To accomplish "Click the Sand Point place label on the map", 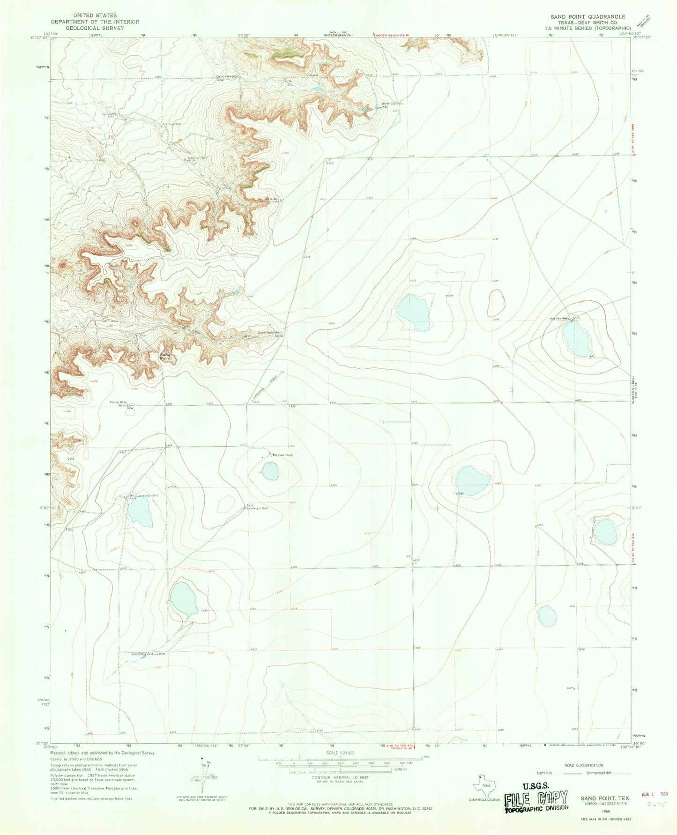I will [x=165, y=357].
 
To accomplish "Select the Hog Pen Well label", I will [x=560, y=318].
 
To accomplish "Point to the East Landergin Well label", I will [x=257, y=507].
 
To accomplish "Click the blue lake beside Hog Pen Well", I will [x=577, y=339].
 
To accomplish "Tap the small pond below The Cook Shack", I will [x=270, y=471].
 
